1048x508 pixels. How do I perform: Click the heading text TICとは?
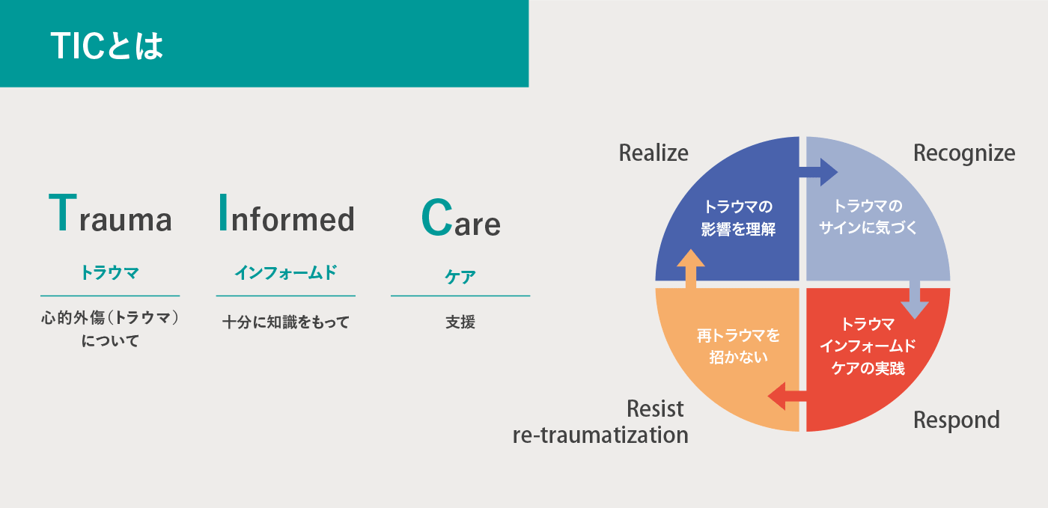[107, 46]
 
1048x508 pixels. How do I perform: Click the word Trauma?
[111, 213]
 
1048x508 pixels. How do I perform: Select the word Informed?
[287, 213]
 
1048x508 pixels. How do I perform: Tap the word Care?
[461, 218]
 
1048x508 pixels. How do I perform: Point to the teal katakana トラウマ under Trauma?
[110, 272]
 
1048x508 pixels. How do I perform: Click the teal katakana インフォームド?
[286, 272]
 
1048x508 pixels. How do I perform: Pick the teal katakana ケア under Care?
[460, 277]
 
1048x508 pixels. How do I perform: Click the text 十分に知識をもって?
[286, 322]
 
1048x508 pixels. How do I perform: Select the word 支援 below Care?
[460, 322]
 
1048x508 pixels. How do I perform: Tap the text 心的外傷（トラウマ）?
[110, 318]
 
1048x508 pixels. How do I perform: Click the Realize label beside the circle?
[654, 153]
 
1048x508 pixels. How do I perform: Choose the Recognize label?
[964, 153]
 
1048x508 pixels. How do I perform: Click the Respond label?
[957, 420]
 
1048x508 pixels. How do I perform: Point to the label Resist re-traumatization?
[600, 422]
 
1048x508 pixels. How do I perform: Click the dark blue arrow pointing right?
[817, 172]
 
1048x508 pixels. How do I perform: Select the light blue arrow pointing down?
[915, 300]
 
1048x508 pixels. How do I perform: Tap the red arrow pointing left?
[787, 397]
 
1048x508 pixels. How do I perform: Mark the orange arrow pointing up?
[691, 269]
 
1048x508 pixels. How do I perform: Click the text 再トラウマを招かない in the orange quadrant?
[738, 346]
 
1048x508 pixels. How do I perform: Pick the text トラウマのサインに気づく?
[868, 216]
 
